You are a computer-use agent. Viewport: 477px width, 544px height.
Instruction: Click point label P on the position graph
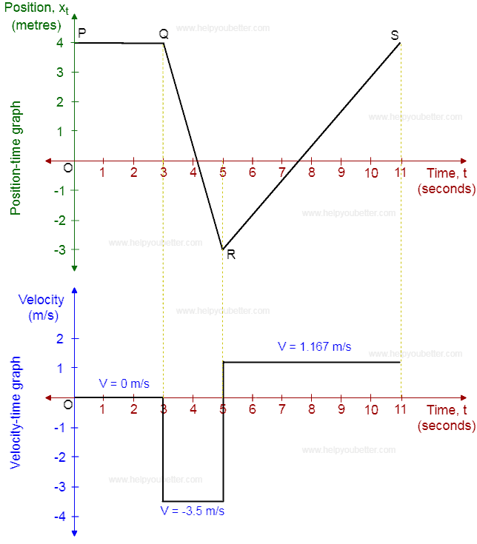82,33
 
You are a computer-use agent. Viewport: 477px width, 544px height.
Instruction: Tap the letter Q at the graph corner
164,33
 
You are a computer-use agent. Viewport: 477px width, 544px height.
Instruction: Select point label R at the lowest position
231,255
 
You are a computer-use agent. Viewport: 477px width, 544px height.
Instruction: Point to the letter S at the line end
395,36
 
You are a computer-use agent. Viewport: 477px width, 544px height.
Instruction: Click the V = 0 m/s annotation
124,383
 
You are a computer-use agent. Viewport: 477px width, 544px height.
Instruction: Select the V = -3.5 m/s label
193,511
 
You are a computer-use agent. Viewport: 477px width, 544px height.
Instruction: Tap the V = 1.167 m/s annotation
314,346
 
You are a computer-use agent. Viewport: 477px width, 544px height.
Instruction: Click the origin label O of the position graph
68,168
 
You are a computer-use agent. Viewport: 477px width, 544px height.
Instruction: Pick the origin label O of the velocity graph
68,405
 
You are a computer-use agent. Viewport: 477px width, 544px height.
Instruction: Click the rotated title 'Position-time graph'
16,158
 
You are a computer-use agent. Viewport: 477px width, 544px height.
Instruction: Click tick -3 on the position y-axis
59,250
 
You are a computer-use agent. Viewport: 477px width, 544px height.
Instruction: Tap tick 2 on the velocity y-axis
61,339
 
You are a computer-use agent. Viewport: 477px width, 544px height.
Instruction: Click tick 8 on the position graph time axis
312,173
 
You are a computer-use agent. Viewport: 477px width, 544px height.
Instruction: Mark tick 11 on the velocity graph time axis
401,410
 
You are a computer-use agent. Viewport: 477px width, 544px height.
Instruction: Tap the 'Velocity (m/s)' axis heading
41,307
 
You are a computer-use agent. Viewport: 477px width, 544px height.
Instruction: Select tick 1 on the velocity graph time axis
102,410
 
